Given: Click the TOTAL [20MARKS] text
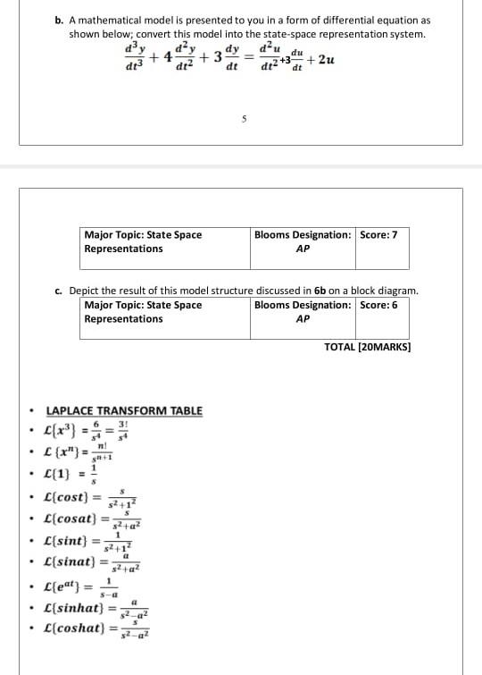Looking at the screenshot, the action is click(367, 346).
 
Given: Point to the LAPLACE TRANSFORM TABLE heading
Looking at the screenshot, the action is click(124, 411).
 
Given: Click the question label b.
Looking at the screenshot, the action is click(59, 20).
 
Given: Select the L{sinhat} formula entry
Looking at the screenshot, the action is click(96, 610).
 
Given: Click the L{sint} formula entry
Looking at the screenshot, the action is click(89, 541).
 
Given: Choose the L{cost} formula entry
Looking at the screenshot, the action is click(88, 496).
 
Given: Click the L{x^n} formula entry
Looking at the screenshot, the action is click(85, 451).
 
